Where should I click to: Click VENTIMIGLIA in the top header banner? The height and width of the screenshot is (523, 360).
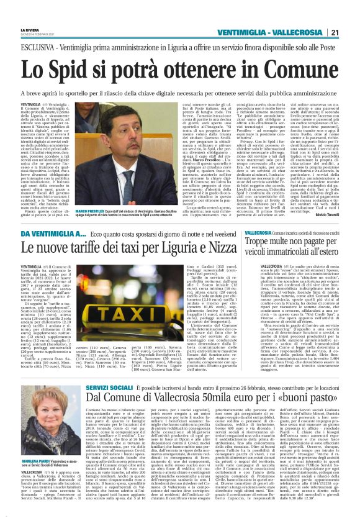tap(244, 32)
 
